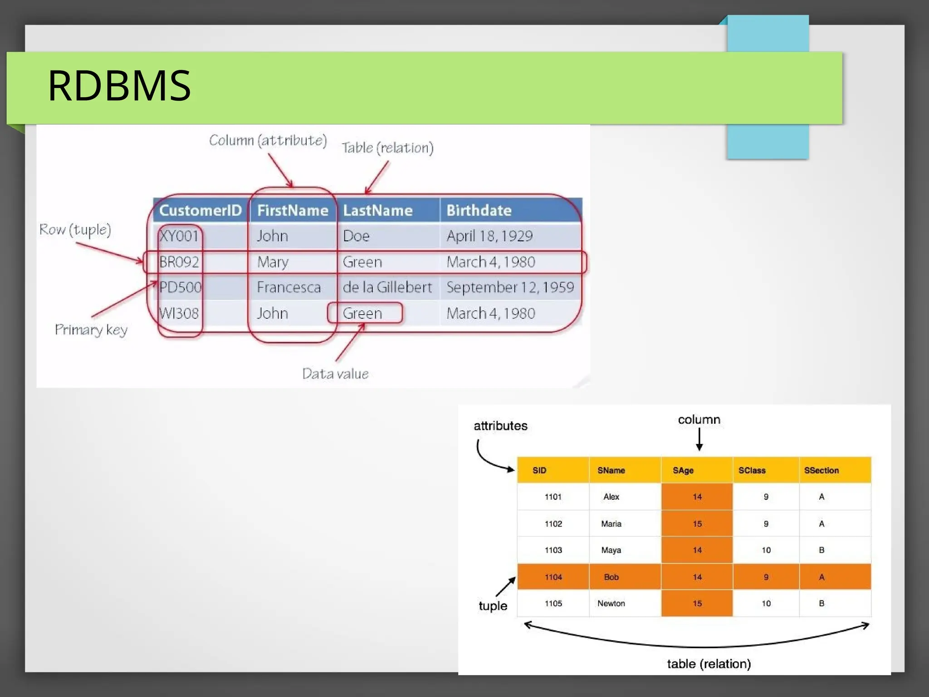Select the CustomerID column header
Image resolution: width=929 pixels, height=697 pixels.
(200, 210)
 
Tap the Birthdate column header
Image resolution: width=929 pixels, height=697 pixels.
(479, 210)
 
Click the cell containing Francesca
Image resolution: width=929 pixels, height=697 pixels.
(288, 288)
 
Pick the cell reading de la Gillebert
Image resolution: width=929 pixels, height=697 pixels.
(387, 288)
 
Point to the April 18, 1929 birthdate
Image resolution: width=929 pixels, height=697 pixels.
(489, 236)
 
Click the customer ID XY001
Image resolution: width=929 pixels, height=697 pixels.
(179, 236)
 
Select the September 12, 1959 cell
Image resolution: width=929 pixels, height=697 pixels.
(510, 288)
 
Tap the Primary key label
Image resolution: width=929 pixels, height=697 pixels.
(91, 330)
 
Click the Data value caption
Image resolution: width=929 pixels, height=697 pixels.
(335, 374)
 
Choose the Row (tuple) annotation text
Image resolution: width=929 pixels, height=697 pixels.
(75, 230)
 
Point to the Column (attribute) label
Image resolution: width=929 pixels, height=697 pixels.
(268, 141)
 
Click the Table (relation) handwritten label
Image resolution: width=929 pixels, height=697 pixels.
(387, 148)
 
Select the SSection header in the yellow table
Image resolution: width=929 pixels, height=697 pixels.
(821, 470)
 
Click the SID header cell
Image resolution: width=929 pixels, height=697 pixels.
(539, 470)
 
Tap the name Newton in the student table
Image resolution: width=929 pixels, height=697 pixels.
(611, 603)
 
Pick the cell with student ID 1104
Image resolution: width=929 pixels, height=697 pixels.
(553, 577)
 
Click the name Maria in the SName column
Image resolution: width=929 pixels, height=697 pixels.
(611, 524)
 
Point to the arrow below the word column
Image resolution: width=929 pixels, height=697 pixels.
(699, 439)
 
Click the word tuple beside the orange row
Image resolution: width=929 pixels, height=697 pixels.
(493, 606)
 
